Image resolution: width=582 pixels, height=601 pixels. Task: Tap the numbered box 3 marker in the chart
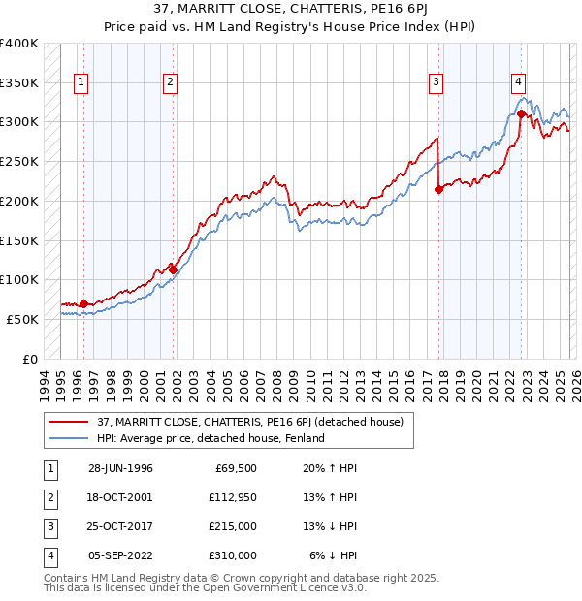pyautogui.click(x=436, y=82)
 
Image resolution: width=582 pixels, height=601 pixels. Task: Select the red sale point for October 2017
pyautogui.click(x=438, y=189)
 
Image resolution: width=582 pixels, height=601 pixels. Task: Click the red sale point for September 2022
pyautogui.click(x=522, y=113)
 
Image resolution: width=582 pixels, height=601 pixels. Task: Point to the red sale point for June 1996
pyautogui.click(x=83, y=303)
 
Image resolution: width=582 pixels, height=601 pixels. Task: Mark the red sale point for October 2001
pyautogui.click(x=174, y=269)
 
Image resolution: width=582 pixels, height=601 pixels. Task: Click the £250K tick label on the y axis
pyautogui.click(x=19, y=161)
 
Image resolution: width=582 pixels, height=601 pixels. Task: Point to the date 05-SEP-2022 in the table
pyautogui.click(x=120, y=555)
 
